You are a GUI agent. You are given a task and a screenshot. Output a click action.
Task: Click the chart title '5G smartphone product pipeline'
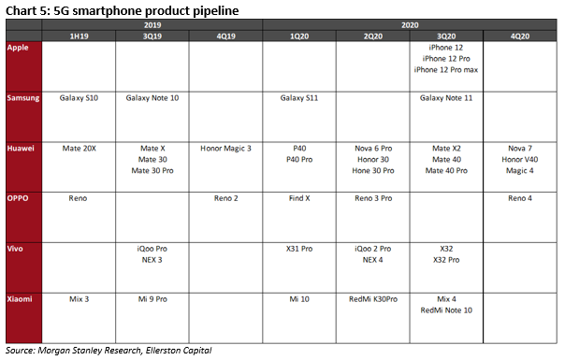[x=146, y=11]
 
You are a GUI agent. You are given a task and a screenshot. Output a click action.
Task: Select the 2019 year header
[x=152, y=25]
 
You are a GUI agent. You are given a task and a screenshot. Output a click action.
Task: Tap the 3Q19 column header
[x=152, y=36]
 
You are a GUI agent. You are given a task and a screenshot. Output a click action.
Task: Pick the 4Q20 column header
[x=520, y=36]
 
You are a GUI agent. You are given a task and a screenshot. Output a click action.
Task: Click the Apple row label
[x=18, y=48]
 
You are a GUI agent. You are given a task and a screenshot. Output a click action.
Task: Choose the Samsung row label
[x=23, y=98]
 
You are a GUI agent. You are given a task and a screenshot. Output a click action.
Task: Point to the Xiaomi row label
[x=20, y=299]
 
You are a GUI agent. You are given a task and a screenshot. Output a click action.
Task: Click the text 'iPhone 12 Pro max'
[x=446, y=70]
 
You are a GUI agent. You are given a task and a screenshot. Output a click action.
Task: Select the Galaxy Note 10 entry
[x=152, y=98]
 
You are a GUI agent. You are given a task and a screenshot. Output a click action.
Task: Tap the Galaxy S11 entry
[x=299, y=98]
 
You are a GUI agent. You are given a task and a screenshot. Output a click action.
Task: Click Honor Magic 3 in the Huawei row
[x=225, y=149]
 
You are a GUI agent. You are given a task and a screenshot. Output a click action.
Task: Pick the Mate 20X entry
[x=79, y=149]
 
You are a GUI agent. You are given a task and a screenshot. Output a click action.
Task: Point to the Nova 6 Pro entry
[x=373, y=149]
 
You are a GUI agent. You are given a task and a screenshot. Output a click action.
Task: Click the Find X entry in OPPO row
[x=299, y=198]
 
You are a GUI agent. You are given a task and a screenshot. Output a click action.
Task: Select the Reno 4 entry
[x=520, y=198]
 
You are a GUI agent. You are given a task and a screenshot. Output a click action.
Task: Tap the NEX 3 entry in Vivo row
[x=152, y=260]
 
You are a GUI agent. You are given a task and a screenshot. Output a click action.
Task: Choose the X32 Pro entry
[x=446, y=260]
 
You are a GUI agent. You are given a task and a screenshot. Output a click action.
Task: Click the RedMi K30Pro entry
[x=373, y=299]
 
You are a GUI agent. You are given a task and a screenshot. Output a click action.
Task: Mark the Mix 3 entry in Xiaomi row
[x=79, y=299]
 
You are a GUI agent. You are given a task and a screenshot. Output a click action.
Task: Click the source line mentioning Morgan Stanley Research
[x=109, y=351]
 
